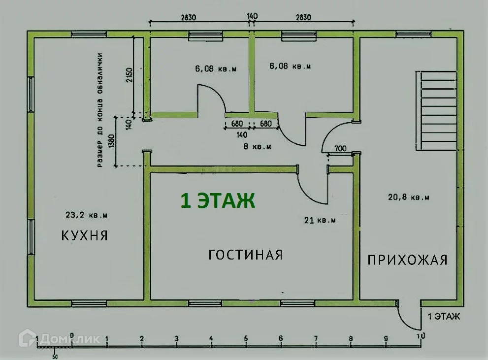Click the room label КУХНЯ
[x=84, y=235]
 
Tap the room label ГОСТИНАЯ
[x=245, y=255]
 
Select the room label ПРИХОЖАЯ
[x=408, y=260]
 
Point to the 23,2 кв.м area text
[x=86, y=215]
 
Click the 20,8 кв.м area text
[x=409, y=197]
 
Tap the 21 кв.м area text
[x=320, y=221]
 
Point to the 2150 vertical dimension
[x=129, y=75]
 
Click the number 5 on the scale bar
[x=246, y=339]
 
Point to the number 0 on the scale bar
[x=72, y=336]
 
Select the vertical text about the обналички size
[x=100, y=110]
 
